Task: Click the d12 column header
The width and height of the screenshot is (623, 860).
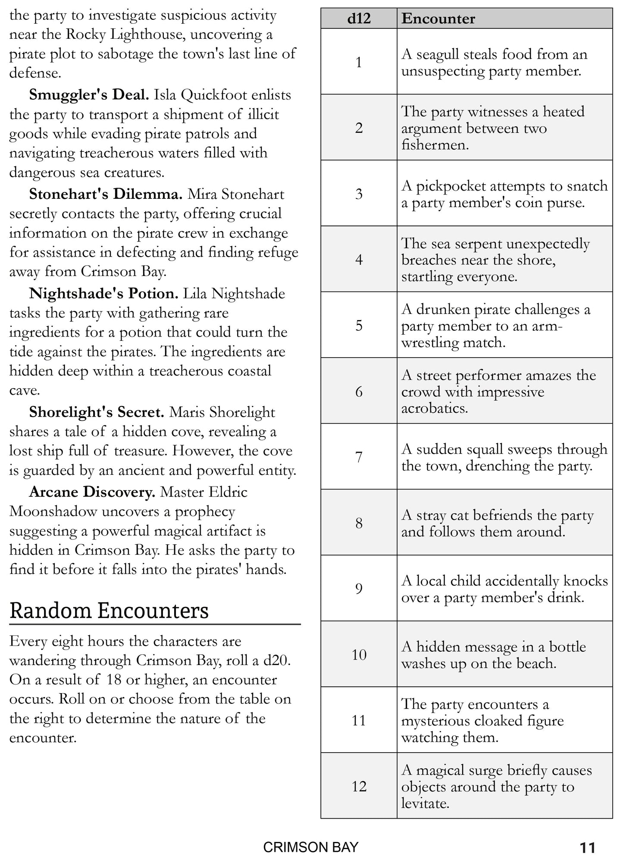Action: [359, 19]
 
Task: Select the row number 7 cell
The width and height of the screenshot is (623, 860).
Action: [359, 457]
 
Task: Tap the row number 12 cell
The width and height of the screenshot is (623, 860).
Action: [359, 786]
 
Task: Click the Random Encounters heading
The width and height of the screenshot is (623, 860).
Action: [109, 611]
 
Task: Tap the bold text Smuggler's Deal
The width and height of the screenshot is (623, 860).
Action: [89, 95]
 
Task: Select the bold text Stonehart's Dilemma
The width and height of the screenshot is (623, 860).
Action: [106, 194]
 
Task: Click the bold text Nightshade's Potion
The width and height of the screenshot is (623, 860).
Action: [103, 294]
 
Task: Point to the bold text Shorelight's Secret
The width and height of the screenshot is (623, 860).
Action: [97, 412]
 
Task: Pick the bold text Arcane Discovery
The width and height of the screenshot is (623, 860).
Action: [92, 492]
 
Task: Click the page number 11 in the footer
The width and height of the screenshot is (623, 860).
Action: [587, 848]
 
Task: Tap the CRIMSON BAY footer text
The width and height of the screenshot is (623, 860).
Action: [310, 847]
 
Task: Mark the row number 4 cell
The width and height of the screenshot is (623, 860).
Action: [359, 260]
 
